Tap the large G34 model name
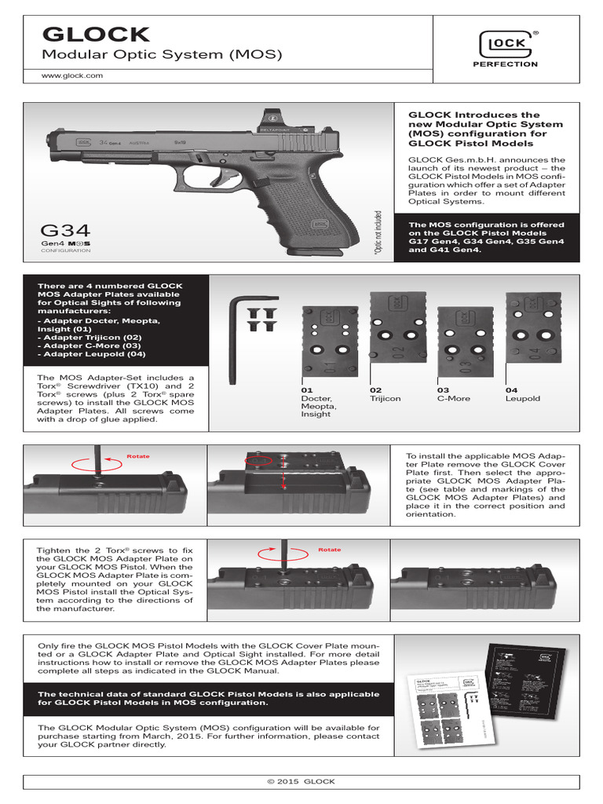point(65,230)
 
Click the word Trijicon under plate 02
point(385,399)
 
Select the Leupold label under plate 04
point(524,399)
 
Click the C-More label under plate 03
point(453,399)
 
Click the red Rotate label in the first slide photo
point(137,456)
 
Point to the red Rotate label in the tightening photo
point(330,550)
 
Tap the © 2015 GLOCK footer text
point(301,781)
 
